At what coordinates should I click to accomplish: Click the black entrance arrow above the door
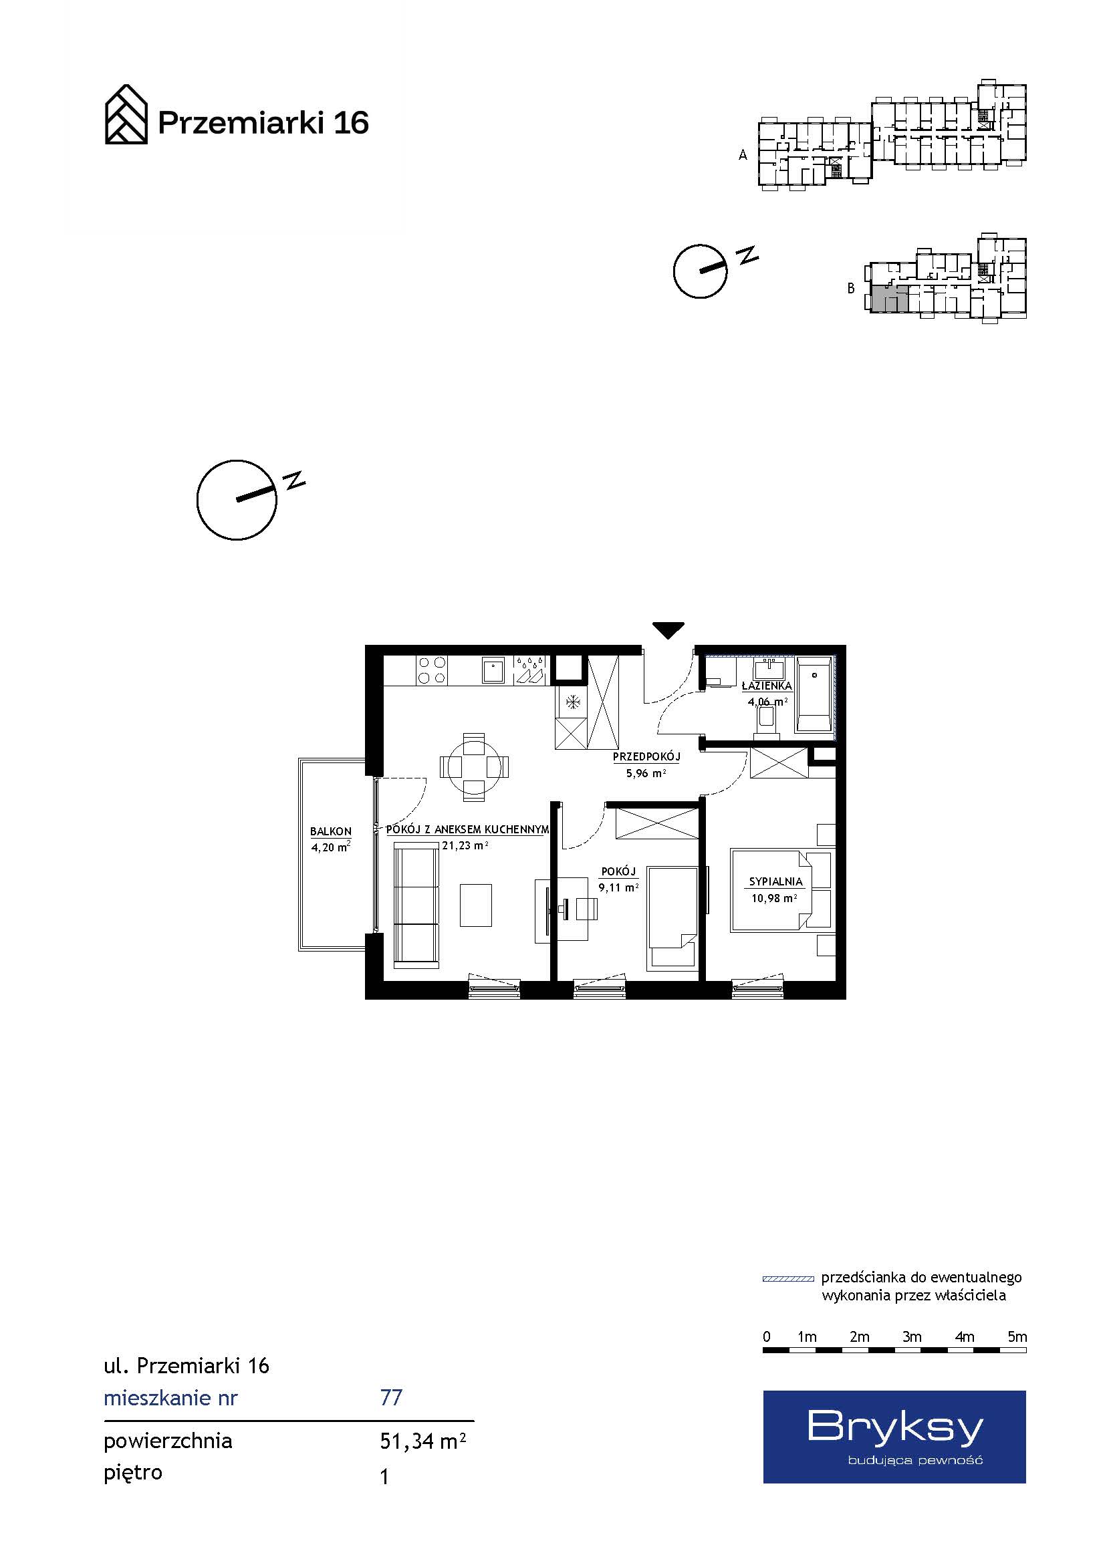pos(668,630)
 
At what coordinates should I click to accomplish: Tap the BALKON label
pos(331,831)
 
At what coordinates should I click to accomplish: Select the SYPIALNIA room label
pos(776,881)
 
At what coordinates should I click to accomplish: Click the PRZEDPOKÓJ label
pos(646,756)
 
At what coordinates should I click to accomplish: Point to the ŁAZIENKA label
pos(767,686)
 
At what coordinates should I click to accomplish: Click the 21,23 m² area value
pos(466,845)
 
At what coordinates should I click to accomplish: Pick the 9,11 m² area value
pos(618,887)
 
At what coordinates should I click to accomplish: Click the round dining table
pos(474,766)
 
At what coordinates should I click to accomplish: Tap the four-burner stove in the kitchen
pos(432,669)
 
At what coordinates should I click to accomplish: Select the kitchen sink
pos(493,670)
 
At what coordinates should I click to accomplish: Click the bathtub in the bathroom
pos(814,694)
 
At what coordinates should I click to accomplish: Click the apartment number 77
pos(392,1397)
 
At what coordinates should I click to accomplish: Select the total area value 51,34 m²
pos(422,1441)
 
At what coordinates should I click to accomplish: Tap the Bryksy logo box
pos(894,1437)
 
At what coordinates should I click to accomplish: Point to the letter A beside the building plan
pos(743,155)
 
